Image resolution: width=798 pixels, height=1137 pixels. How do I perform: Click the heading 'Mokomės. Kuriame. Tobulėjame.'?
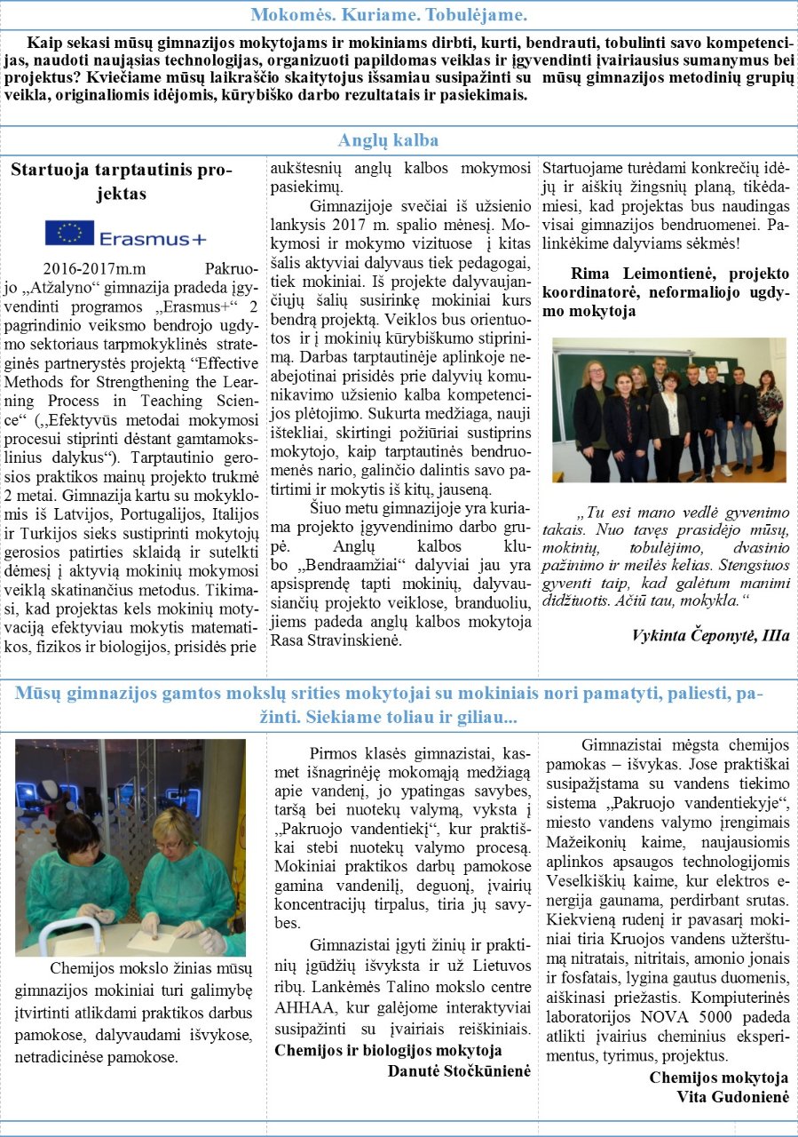pyautogui.click(x=389, y=15)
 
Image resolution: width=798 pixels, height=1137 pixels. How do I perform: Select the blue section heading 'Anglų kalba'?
pyautogui.click(x=389, y=140)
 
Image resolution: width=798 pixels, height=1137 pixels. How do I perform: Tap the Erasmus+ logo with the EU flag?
pyautogui.click(x=126, y=235)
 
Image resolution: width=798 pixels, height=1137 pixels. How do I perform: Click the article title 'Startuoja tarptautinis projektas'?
pyautogui.click(x=122, y=180)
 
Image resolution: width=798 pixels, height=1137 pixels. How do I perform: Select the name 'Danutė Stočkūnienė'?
pyautogui.click(x=459, y=1070)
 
